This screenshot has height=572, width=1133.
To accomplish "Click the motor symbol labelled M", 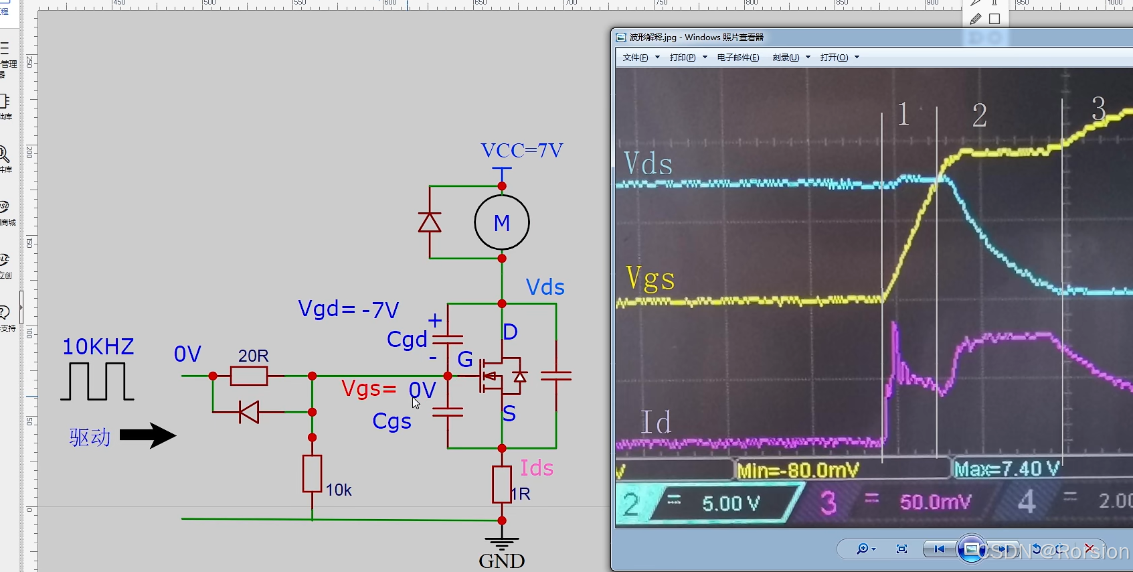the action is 502,222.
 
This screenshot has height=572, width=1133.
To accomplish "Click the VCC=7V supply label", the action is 522,150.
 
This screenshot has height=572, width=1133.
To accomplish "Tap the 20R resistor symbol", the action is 249,376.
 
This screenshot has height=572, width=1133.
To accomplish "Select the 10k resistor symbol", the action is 312,474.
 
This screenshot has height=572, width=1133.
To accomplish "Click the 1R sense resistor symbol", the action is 502,484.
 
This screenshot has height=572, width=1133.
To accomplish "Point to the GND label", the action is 502,561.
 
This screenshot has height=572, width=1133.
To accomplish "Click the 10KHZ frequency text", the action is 98,347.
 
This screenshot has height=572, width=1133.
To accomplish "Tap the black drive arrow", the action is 148,435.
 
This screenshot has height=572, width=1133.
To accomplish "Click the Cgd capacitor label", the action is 407,340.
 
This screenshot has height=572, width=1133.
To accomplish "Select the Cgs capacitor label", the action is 391,421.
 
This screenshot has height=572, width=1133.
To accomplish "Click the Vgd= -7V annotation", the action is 349,309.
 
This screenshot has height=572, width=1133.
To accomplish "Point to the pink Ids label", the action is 537,468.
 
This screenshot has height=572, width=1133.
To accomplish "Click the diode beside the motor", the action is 430,222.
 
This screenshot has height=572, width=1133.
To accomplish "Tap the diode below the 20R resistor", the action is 249,412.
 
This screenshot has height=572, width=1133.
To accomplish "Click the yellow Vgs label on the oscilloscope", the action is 650,278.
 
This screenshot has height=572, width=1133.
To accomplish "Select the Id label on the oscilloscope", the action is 656,422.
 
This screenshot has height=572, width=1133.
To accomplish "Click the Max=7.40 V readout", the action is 1007,469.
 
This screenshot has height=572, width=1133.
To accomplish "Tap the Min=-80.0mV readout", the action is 798,470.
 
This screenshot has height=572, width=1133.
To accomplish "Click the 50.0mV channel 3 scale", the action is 935,502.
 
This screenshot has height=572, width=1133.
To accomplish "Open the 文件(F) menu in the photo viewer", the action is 636,58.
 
